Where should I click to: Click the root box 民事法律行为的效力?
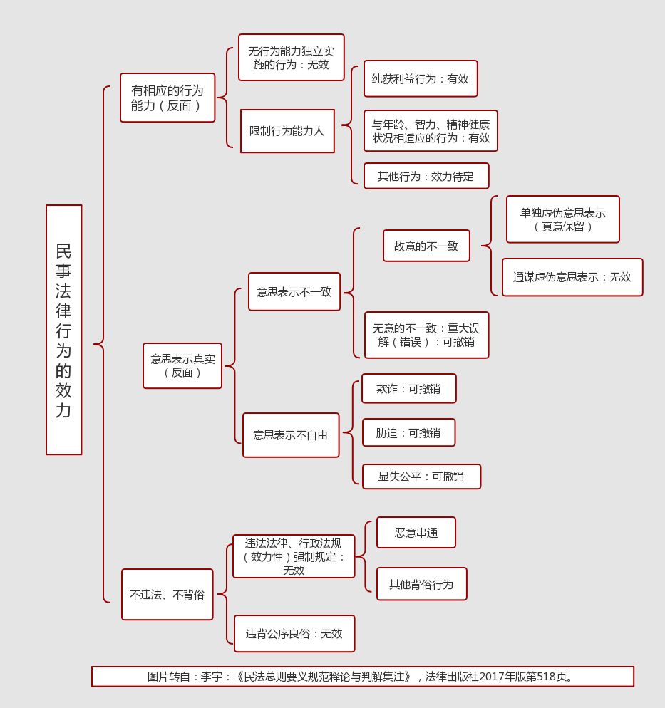click(64, 330)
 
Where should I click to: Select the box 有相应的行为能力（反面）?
click(167, 98)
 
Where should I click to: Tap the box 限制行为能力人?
click(287, 131)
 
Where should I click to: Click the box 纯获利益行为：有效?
click(421, 79)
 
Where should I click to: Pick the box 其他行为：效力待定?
click(426, 176)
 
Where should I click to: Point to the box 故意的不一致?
click(426, 246)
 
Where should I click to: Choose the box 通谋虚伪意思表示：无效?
click(572, 277)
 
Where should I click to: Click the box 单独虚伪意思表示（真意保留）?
click(563, 219)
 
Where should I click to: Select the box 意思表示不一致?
click(294, 292)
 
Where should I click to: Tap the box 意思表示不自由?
click(291, 434)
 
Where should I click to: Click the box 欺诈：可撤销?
click(408, 389)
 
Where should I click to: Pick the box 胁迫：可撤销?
click(408, 432)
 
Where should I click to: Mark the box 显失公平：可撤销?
click(421, 477)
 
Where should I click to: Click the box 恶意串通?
click(416, 533)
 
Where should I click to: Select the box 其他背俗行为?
click(422, 584)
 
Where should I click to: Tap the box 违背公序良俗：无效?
click(294, 633)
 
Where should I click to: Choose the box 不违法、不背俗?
click(167, 594)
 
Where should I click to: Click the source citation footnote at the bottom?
click(362, 677)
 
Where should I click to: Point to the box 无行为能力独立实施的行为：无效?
click(291, 58)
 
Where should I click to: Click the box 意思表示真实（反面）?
click(182, 365)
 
